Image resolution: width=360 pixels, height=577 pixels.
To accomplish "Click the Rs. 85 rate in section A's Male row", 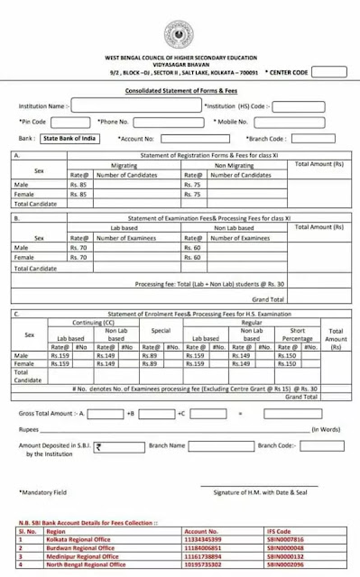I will coord(78,184).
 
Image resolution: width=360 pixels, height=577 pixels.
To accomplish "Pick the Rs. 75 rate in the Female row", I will coord(192,194).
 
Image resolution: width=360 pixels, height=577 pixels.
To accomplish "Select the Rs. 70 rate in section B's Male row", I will coord(78,247).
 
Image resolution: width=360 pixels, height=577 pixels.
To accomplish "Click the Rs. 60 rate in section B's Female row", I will coord(192,257).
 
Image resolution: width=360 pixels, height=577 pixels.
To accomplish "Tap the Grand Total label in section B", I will coord(268,298).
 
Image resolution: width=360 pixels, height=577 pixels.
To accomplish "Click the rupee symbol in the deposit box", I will coord(98,445).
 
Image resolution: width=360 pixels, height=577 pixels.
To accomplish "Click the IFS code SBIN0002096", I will coord(284,563).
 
